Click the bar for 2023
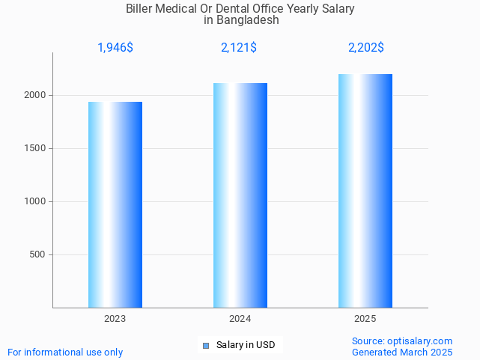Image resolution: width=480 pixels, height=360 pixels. point(115,204)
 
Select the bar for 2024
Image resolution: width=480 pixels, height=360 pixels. point(240,195)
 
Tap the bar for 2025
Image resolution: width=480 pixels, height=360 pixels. point(365,191)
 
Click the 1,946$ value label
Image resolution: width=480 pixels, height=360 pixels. point(115,48)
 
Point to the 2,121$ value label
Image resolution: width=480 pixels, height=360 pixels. point(239,48)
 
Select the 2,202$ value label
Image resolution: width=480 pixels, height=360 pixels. point(366,48)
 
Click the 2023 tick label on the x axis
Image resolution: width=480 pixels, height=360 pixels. point(115,319)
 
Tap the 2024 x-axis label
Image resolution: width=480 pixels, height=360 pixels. point(240,319)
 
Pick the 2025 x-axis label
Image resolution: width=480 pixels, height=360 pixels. point(365,319)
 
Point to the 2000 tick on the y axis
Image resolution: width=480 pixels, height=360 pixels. point(36,95)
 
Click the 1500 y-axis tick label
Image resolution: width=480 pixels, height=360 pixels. point(36,148)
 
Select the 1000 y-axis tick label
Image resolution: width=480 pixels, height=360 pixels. point(36,201)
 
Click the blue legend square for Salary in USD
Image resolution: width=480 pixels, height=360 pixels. point(206,345)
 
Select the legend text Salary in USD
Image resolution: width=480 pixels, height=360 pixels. point(246,345)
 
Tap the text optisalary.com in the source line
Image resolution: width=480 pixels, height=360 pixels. point(420,341)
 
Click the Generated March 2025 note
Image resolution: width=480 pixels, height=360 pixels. point(402,352)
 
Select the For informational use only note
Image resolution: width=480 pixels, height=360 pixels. point(65,352)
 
